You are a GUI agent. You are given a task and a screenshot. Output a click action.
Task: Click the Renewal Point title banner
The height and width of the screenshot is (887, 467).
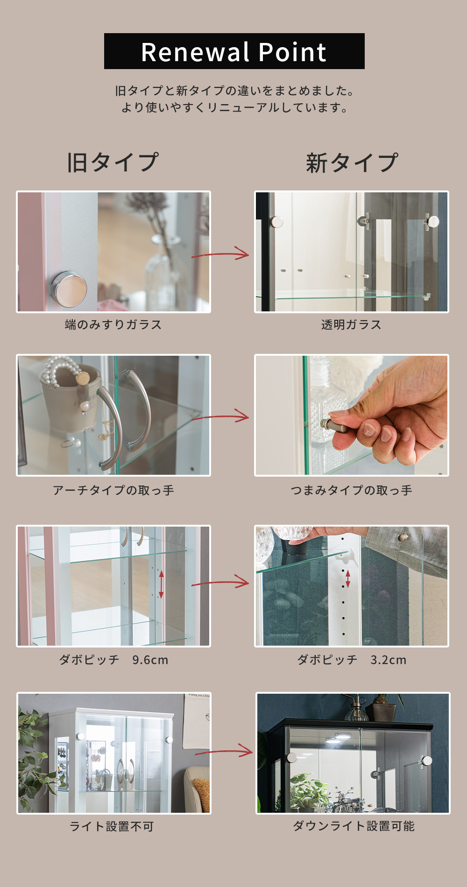click(234, 51)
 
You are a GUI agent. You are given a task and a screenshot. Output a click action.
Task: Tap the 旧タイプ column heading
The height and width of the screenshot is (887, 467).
click(113, 162)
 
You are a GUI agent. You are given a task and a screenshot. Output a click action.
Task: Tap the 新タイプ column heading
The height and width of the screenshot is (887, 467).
click(352, 163)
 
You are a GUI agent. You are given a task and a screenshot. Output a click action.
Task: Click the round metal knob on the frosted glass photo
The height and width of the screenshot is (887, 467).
click(69, 289)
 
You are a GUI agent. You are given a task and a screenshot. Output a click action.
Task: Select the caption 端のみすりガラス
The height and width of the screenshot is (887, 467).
click(113, 324)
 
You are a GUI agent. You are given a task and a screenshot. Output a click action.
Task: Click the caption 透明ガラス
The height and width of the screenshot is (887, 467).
click(351, 324)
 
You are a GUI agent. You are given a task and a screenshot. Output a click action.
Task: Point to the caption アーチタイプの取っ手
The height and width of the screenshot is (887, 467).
click(113, 490)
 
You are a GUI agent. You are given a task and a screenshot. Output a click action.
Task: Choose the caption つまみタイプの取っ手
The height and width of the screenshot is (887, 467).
click(351, 490)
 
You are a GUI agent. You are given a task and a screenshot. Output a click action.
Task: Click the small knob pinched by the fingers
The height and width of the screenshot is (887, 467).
click(332, 425)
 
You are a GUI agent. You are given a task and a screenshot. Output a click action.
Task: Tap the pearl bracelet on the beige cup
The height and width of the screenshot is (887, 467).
click(58, 371)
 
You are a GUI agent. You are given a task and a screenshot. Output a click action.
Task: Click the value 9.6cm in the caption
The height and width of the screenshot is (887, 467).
click(150, 660)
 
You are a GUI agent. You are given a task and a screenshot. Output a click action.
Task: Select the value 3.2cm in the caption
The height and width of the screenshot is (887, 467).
click(389, 660)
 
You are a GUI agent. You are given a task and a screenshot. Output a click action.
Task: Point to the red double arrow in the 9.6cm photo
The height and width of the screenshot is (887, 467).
click(161, 584)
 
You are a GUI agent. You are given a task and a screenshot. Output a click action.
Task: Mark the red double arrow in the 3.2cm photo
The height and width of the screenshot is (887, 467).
click(348, 579)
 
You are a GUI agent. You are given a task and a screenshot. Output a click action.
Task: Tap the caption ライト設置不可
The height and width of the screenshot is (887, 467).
click(112, 826)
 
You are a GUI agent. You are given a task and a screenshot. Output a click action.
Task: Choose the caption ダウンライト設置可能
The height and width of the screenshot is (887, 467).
click(354, 826)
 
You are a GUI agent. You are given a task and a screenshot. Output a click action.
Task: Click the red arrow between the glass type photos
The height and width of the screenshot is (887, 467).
click(220, 254)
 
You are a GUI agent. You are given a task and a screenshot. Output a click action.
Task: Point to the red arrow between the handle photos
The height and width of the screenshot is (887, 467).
click(220, 416)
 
